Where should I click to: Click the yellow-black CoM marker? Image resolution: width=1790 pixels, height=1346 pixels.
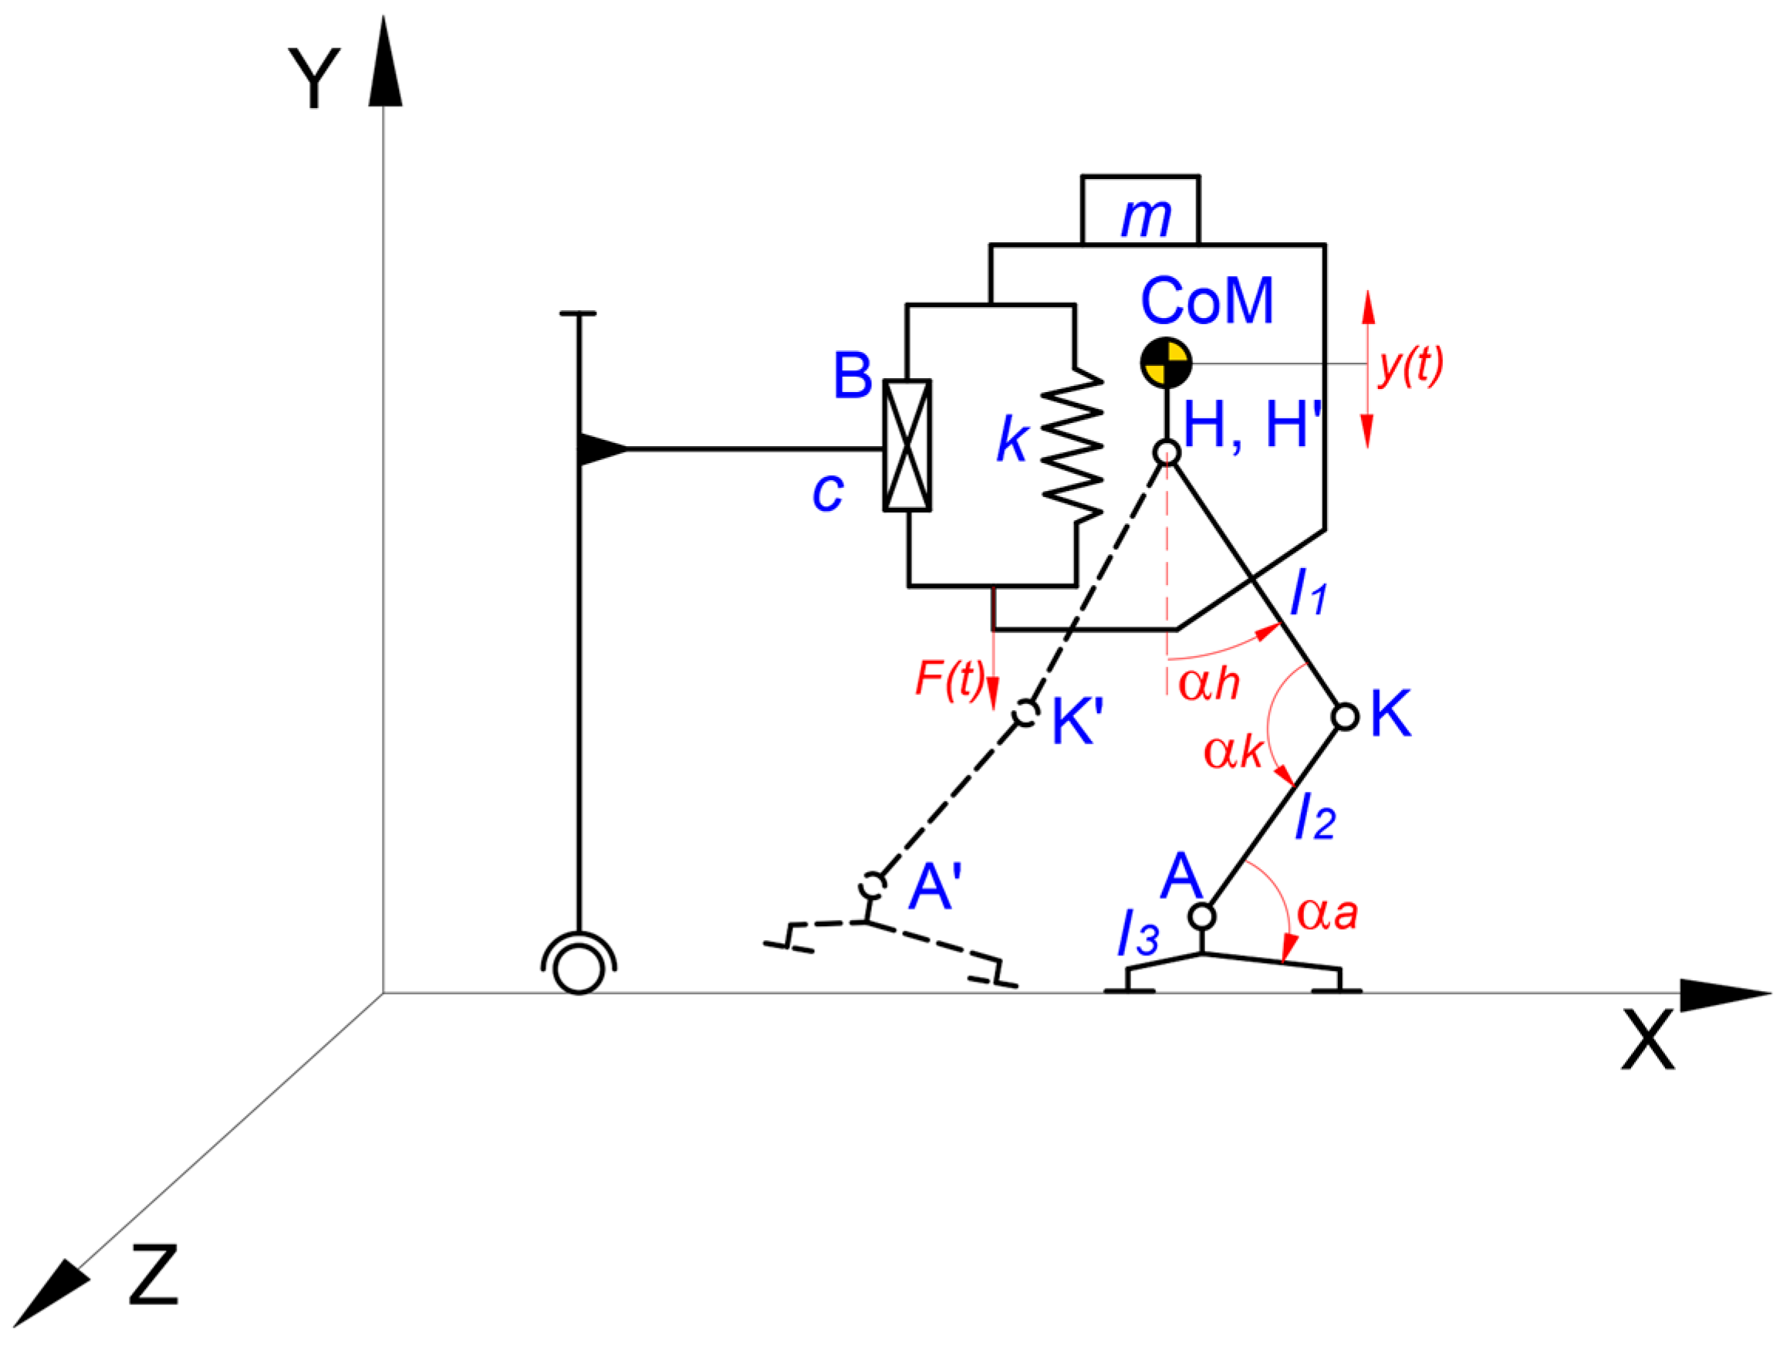click(x=1166, y=363)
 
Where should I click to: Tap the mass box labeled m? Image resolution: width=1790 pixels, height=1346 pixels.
click(x=1140, y=211)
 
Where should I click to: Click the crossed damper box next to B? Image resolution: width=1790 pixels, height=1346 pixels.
click(x=907, y=445)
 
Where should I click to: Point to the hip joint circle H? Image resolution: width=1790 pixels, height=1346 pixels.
click(x=1166, y=451)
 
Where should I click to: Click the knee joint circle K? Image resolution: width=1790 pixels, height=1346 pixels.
click(x=1344, y=716)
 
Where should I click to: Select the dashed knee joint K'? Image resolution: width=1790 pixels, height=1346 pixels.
click(x=1026, y=713)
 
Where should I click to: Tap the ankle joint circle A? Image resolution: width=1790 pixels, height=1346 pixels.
click(x=1202, y=916)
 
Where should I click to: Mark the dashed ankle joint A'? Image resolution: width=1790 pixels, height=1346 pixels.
click(x=873, y=885)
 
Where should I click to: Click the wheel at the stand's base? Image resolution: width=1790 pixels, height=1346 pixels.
click(x=579, y=969)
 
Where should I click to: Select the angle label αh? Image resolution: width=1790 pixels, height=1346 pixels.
click(x=1208, y=683)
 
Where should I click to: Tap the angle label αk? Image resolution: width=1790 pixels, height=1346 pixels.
click(x=1232, y=752)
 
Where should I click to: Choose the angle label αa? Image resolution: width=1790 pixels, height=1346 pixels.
click(x=1327, y=914)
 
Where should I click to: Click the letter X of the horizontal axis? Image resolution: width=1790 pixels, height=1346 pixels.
click(x=1647, y=1040)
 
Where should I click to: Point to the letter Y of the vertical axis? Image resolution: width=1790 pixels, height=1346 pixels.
click(x=314, y=78)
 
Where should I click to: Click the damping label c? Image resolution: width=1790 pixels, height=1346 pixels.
click(x=828, y=492)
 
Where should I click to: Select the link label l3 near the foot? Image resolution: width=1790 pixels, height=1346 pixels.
click(x=1138, y=933)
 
